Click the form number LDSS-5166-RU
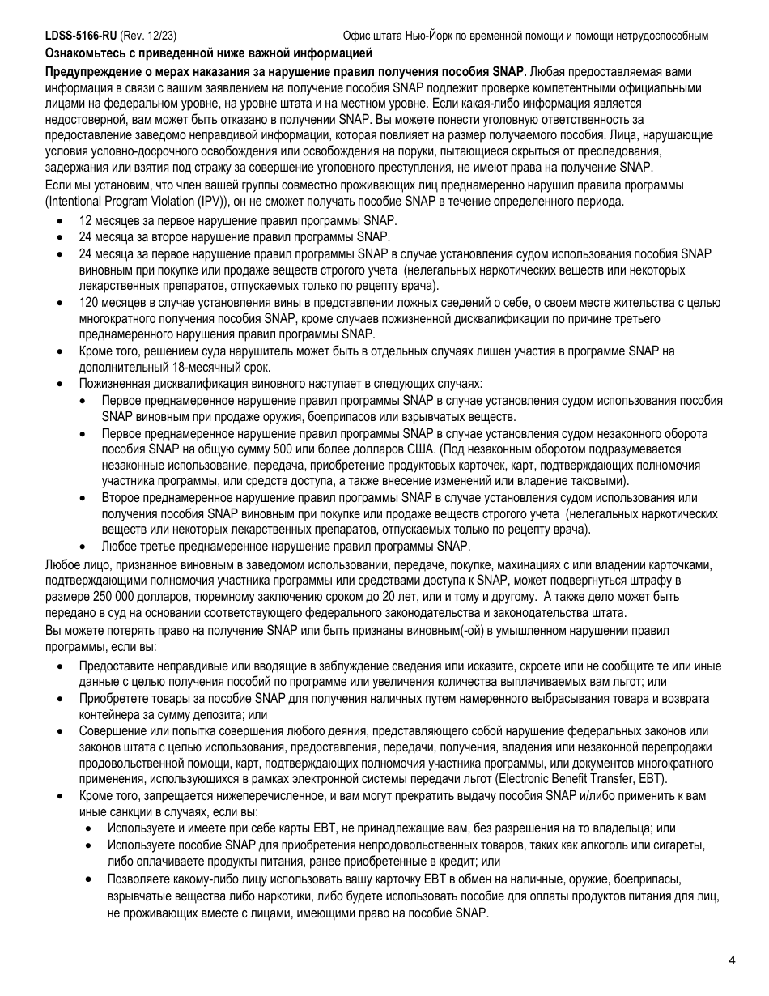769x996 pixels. pyautogui.click(x=81, y=36)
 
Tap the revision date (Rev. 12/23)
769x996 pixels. pyautogui.click(x=149, y=36)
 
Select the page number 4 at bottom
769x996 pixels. pyautogui.click(x=732, y=961)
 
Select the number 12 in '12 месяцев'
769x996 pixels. pyautogui.click(x=86, y=220)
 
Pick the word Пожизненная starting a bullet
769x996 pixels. pyautogui.click(x=114, y=384)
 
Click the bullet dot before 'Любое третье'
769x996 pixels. pyautogui.click(x=84, y=547)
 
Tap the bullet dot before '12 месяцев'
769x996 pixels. pyautogui.click(x=61, y=221)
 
